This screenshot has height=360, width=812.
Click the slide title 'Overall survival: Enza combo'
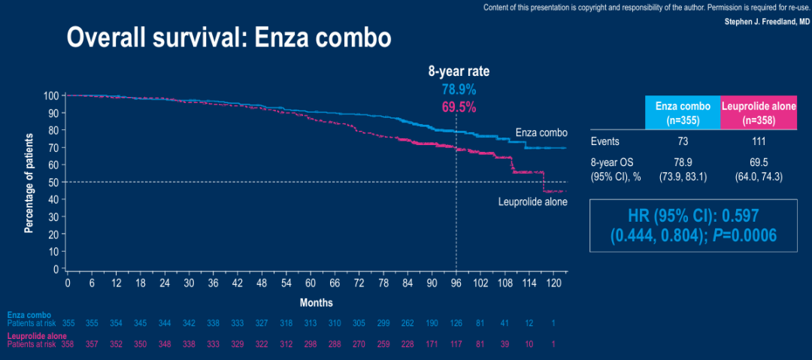(x=229, y=38)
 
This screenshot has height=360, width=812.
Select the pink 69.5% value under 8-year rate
(x=459, y=107)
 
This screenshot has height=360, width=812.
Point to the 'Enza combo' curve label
(x=541, y=132)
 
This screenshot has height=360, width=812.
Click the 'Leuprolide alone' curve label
(x=532, y=201)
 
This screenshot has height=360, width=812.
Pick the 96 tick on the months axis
(x=456, y=283)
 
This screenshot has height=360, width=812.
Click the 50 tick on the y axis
(x=54, y=182)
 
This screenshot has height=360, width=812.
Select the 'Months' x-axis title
(x=317, y=302)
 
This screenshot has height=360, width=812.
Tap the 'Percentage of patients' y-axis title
(x=29, y=183)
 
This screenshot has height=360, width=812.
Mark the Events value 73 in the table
(x=682, y=141)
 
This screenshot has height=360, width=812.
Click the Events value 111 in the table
(x=759, y=141)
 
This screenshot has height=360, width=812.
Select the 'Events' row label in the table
(x=606, y=141)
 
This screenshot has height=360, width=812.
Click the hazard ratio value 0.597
(x=753, y=219)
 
